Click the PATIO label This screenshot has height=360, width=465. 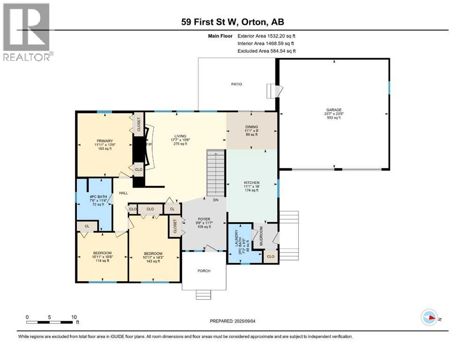point(236,84)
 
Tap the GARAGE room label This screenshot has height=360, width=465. point(334,110)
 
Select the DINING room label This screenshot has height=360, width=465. point(251,127)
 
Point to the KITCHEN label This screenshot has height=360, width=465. point(251,183)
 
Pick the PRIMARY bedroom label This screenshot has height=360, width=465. point(105,141)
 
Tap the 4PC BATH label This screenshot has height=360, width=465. point(98,197)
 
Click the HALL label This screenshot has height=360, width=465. point(123,193)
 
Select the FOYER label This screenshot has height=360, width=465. point(204,219)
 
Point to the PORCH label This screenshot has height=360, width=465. point(204,271)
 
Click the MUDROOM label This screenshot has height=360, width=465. point(261,236)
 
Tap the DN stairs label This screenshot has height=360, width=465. point(215,200)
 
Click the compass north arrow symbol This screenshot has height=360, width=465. point(429,317)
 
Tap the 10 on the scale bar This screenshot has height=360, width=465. point(74,317)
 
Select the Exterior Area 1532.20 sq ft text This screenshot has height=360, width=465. point(266,36)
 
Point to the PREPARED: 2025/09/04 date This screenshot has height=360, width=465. point(232,321)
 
